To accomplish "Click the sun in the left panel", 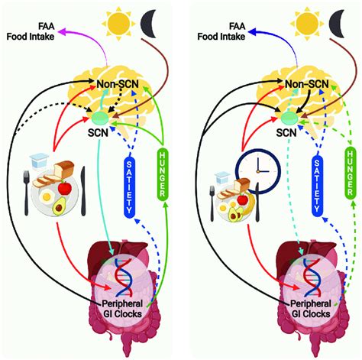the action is point(118,24).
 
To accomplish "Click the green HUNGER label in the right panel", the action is point(351,173).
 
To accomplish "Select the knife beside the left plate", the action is point(83,191).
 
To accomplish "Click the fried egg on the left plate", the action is point(47,196).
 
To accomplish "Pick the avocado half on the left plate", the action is point(59,206).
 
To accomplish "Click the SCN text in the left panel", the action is point(98,132).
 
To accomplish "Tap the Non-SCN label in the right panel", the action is point(306,84).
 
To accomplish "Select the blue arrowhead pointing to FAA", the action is point(253,32).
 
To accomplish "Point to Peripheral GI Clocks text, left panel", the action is point(122,309).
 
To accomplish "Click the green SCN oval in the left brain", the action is point(101,118).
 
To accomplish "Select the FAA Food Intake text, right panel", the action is point(221,31).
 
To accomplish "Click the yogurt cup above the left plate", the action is point(39,161).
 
